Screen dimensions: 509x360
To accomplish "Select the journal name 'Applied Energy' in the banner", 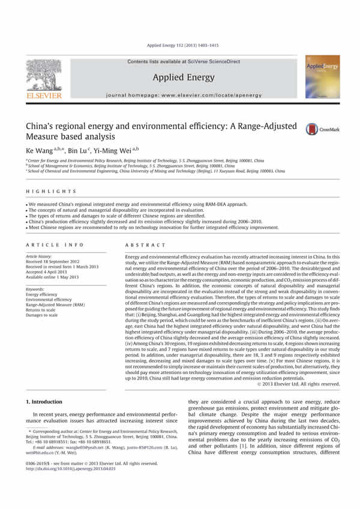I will pos(180,77).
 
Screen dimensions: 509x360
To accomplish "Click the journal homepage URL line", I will pos(180,96).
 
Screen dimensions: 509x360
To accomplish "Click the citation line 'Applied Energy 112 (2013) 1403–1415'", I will pos(180,44).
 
